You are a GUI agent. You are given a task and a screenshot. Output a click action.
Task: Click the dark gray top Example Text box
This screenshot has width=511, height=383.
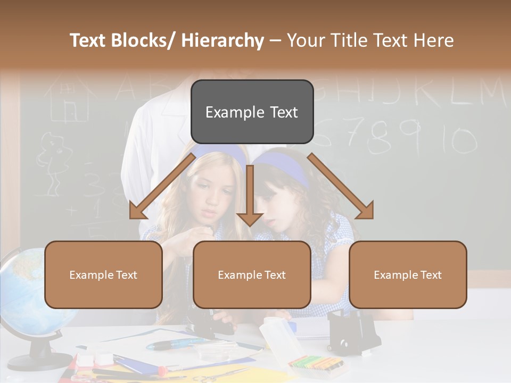[x=252, y=112]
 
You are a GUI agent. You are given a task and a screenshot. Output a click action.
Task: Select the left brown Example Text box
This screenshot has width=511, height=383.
[x=103, y=274]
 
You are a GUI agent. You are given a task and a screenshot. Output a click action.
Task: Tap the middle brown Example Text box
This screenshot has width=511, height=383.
[x=252, y=274]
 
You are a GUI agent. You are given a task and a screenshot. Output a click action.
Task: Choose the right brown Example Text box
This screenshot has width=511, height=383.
[x=408, y=274]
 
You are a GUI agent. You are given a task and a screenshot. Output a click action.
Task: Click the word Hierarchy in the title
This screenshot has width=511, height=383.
[x=222, y=40]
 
